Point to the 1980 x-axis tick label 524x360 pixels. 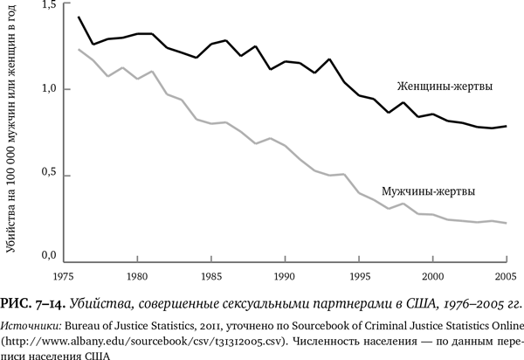pyautogui.click(x=135, y=276)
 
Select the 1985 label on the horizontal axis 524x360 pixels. pyautogui.click(x=210, y=276)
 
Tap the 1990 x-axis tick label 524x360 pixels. pyautogui.click(x=284, y=276)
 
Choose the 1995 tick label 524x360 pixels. pyautogui.click(x=358, y=276)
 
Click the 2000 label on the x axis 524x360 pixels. pyautogui.click(x=432, y=276)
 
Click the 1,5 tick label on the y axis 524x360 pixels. pyautogui.click(x=48, y=6)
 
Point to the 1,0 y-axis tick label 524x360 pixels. pyautogui.click(x=48, y=88)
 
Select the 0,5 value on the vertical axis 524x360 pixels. pyautogui.click(x=48, y=173)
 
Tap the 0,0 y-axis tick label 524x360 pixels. pyautogui.click(x=48, y=256)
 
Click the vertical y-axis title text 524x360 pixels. pyautogui.click(x=11, y=131)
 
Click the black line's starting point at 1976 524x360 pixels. pyautogui.click(x=79, y=17)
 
